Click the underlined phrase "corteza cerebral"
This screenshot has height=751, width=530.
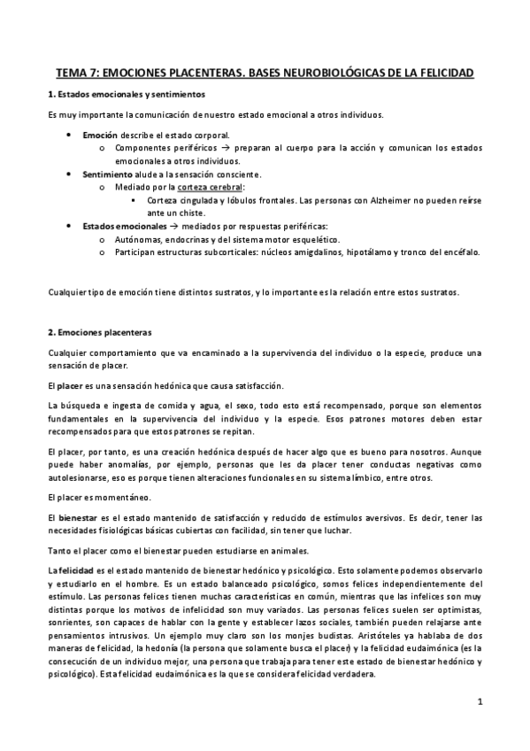pos(210,188)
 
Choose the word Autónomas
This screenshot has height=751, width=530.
pos(139,239)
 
